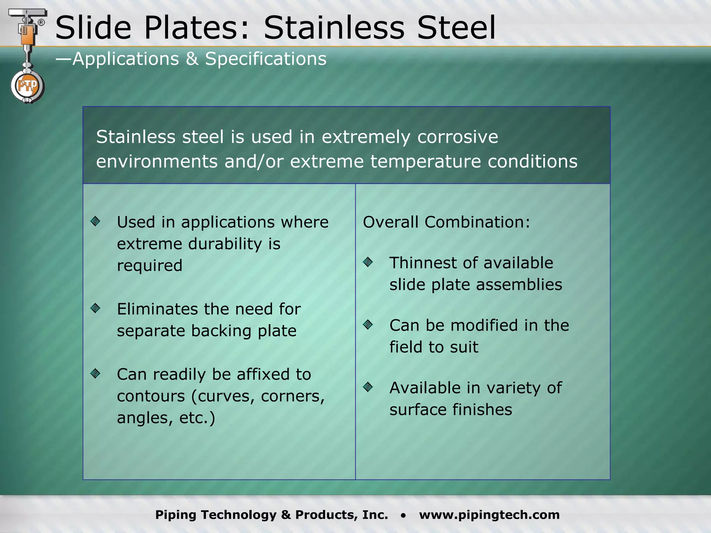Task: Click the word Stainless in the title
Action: tap(334, 28)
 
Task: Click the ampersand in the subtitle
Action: tap(192, 59)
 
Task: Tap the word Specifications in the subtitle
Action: tap(266, 59)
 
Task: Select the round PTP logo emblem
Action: tap(27, 86)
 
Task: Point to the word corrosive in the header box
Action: tap(458, 137)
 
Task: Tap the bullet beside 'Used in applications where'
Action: tap(95, 221)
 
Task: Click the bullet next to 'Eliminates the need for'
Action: tap(95, 308)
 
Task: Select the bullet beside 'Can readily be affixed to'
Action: tap(95, 373)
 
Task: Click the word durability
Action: tap(225, 244)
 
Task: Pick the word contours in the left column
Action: tap(151, 396)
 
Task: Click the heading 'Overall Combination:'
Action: tap(446, 222)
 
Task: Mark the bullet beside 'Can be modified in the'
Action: tap(368, 324)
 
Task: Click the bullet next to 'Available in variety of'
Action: tap(368, 387)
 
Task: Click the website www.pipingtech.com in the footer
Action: tap(489, 515)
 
